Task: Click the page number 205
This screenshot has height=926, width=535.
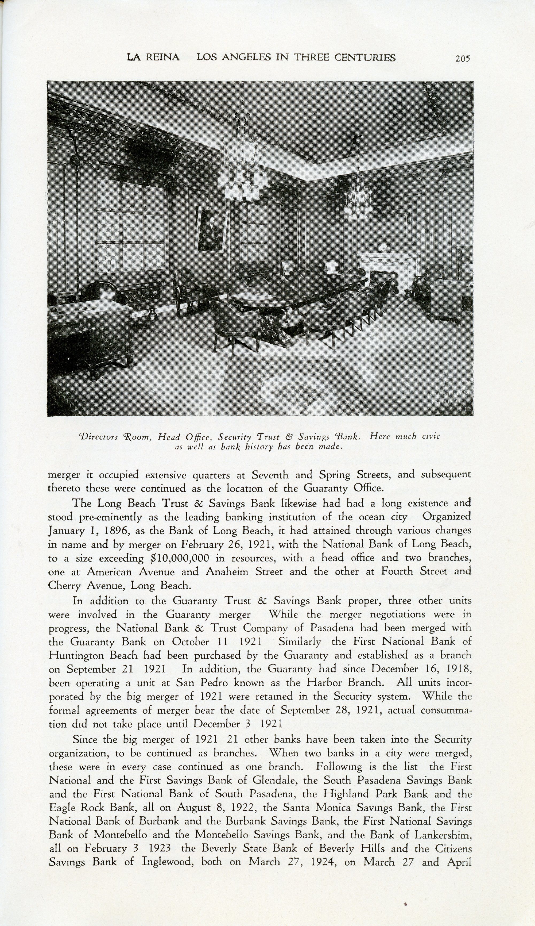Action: click(x=463, y=58)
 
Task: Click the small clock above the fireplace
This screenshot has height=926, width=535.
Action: click(x=383, y=247)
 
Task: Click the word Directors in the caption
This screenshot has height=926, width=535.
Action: click(x=98, y=437)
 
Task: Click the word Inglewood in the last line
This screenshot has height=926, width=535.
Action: click(x=168, y=862)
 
